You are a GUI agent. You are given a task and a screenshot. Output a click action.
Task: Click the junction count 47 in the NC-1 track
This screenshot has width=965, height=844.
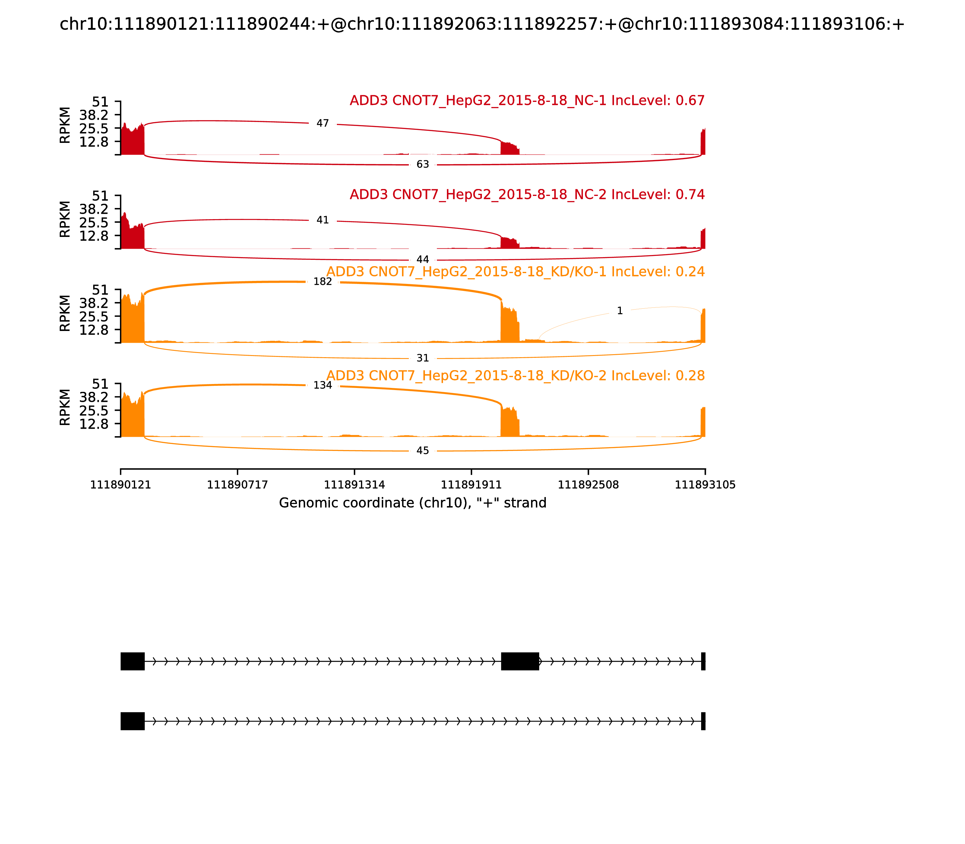[x=322, y=123]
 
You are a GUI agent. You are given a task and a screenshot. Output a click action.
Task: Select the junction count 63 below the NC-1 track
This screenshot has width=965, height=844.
[x=423, y=164]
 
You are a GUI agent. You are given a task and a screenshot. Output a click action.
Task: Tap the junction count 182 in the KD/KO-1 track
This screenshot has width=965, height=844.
[x=322, y=282]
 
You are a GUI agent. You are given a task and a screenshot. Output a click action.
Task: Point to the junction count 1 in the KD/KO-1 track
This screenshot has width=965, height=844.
[x=620, y=311]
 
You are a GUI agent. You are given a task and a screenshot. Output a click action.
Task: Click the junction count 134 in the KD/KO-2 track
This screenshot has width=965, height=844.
[x=322, y=385]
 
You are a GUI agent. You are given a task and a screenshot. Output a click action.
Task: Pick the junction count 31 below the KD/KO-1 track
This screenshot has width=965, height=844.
[x=423, y=358]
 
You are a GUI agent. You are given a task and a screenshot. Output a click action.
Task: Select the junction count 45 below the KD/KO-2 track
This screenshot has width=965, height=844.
[x=423, y=451]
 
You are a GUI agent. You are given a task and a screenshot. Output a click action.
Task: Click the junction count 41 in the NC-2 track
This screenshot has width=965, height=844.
[x=322, y=220]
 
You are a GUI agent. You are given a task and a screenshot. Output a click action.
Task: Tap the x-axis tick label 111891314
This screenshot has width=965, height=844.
[x=354, y=485]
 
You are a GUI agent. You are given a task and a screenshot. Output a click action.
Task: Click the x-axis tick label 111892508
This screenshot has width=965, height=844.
[x=588, y=485]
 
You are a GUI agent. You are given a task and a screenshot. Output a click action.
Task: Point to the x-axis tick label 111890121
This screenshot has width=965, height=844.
[x=121, y=485]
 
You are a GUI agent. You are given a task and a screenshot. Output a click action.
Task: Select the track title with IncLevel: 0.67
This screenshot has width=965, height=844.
[x=527, y=100]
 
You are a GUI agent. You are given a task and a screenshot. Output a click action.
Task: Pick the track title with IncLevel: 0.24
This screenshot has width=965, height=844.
[x=515, y=272]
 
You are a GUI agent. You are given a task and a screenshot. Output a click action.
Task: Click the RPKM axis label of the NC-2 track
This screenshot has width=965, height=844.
[x=65, y=219]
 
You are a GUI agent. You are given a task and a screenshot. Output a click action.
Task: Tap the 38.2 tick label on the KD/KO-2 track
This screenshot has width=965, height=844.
[x=94, y=397]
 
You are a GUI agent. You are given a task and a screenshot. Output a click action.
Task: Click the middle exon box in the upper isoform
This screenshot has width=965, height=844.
[x=520, y=661]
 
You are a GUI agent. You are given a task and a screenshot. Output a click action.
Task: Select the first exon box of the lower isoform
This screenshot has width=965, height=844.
[x=132, y=721]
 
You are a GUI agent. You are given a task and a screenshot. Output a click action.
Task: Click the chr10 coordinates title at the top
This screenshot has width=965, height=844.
[x=482, y=24]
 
